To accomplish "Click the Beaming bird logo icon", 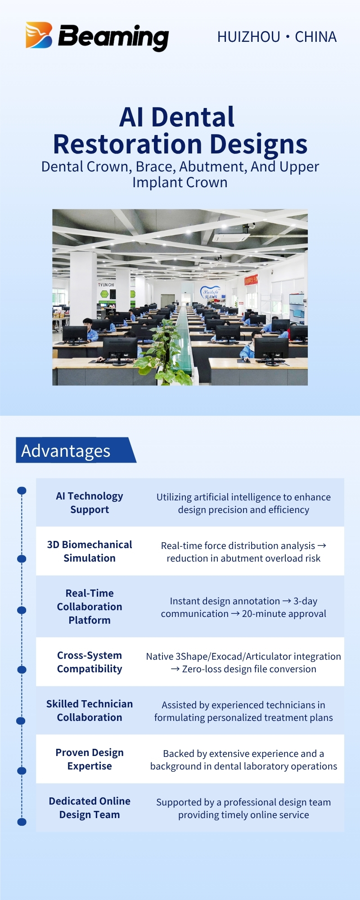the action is pyautogui.click(x=39, y=35).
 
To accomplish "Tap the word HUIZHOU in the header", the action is pyautogui.click(x=249, y=37).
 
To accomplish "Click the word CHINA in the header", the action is pyautogui.click(x=315, y=37).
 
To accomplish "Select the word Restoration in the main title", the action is pyautogui.click(x=127, y=144).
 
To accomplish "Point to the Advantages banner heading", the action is pyautogui.click(x=66, y=450).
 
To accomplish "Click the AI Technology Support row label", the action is pyautogui.click(x=90, y=503).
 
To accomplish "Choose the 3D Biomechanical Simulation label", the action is pyautogui.click(x=90, y=551).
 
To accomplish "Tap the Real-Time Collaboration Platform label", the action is pyautogui.click(x=90, y=607).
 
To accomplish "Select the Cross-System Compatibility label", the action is pyautogui.click(x=90, y=662).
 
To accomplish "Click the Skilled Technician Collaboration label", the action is pyautogui.click(x=90, y=711).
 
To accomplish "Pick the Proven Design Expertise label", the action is pyautogui.click(x=90, y=759).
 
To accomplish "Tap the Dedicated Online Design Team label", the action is pyautogui.click(x=90, y=808).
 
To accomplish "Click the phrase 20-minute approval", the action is pyautogui.click(x=284, y=614).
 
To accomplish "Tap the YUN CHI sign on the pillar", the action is pyautogui.click(x=107, y=285).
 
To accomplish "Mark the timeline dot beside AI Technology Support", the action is pyautogui.click(x=22, y=490).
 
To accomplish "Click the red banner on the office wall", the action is pyautogui.click(x=251, y=280).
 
